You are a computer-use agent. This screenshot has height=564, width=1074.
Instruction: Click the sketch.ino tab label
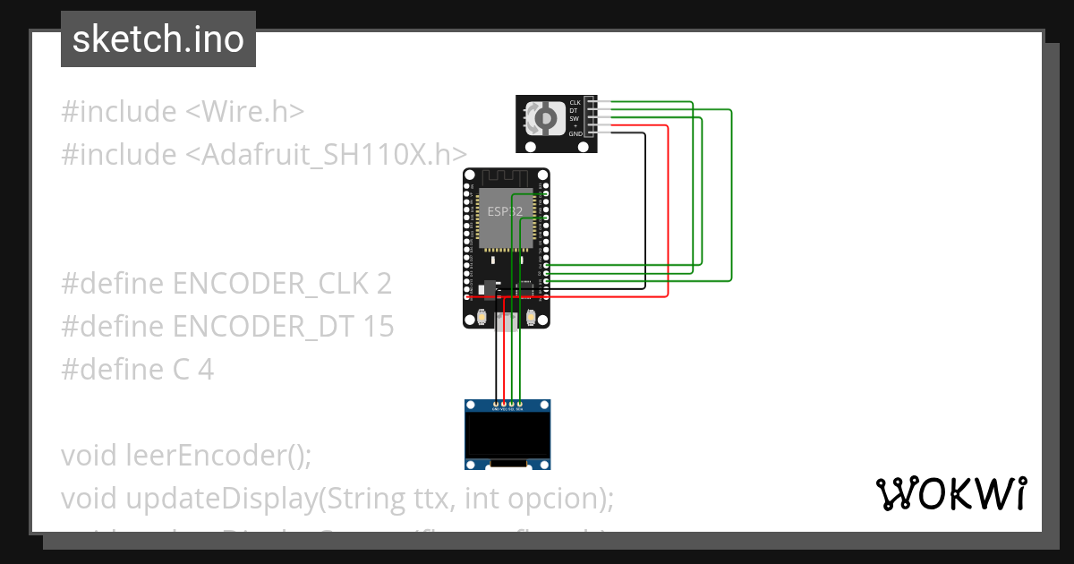(x=158, y=39)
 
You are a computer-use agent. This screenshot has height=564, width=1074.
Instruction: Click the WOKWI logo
(x=950, y=493)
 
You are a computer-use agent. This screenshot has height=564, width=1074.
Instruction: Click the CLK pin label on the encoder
(x=575, y=103)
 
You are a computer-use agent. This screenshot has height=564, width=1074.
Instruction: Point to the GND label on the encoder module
(x=575, y=133)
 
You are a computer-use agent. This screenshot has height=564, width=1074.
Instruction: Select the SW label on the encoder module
(x=575, y=118)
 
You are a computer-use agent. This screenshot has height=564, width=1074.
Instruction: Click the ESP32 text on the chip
(x=505, y=211)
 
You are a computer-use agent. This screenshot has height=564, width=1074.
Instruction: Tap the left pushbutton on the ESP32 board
(x=482, y=316)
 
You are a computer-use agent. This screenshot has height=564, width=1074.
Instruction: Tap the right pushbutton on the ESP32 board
(x=532, y=316)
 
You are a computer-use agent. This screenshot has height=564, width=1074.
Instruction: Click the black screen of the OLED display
(x=507, y=434)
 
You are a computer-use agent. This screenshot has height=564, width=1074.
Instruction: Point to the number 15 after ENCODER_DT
(x=379, y=327)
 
